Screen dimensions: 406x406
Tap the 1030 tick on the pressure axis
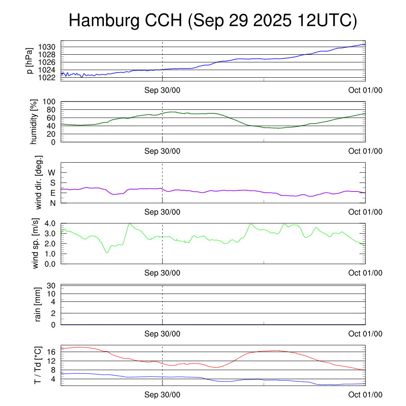50,47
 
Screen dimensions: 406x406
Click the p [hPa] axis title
29,61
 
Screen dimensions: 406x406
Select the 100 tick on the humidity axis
52,102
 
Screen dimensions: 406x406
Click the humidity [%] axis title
34,122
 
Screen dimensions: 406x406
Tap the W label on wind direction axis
52,172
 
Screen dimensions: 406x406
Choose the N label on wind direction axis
52,203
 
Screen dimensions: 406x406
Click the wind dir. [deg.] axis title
39,182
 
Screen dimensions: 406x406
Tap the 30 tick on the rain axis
52,286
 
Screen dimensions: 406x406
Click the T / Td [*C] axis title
38,365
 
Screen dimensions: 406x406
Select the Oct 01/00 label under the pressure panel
365,90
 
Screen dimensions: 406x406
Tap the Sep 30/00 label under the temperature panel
162,395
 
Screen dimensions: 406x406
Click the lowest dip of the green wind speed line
107,253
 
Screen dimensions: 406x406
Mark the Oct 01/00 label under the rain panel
365,334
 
